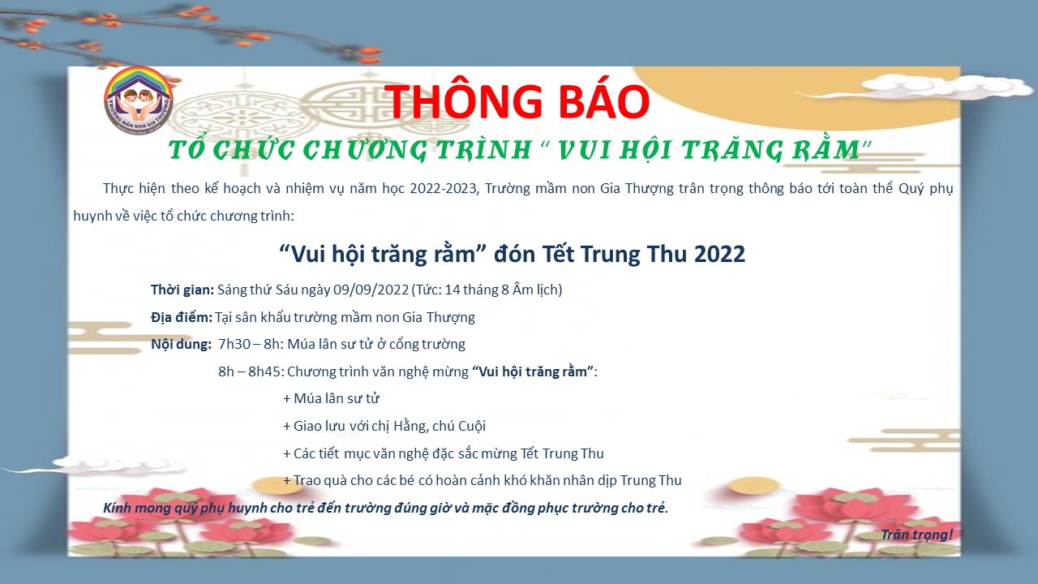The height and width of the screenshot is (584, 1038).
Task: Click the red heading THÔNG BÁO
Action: (x=517, y=101)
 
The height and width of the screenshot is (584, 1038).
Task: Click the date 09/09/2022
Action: (x=371, y=290)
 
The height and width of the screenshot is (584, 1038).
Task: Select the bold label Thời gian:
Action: (x=182, y=290)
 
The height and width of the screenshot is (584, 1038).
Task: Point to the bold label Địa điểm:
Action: (x=182, y=317)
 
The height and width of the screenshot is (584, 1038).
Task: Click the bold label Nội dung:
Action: (x=181, y=345)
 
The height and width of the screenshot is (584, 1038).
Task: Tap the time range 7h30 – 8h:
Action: (x=251, y=345)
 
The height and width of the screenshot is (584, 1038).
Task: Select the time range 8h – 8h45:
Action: (x=251, y=371)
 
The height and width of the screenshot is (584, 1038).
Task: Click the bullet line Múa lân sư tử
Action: (x=332, y=398)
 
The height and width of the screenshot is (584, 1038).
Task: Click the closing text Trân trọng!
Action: (x=916, y=535)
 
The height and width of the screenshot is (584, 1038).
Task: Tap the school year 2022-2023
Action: (x=444, y=189)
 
